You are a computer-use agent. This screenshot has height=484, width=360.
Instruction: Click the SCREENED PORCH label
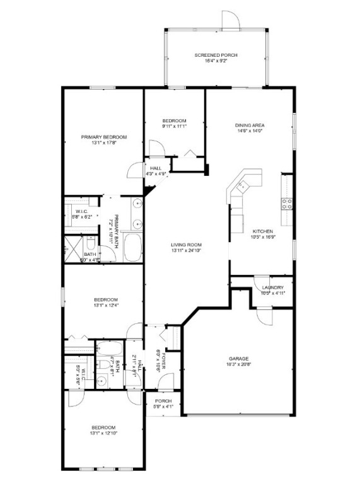pyautogui.click(x=216, y=55)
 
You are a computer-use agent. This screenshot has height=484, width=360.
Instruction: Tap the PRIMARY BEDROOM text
pyautogui.click(x=104, y=137)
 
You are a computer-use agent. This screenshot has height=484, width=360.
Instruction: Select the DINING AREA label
pyautogui.click(x=250, y=125)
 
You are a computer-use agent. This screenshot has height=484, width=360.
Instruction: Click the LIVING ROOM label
pyautogui.click(x=185, y=245)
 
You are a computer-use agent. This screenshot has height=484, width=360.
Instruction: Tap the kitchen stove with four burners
pyautogui.click(x=286, y=203)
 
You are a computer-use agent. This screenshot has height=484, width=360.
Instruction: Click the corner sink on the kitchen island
pyautogui.click(x=241, y=186)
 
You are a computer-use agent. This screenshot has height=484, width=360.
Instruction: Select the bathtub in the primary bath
pyautogui.click(x=133, y=247)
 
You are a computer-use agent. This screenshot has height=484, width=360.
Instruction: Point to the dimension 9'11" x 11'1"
pyautogui.click(x=174, y=126)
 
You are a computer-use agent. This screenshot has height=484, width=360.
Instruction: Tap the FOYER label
pyautogui.click(x=162, y=360)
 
